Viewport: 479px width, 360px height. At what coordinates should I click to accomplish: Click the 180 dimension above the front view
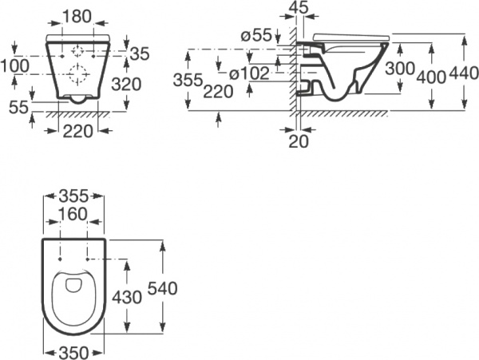pyautogui.click(x=77, y=16)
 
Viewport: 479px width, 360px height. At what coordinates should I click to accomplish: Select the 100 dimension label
pyautogui.click(x=14, y=65)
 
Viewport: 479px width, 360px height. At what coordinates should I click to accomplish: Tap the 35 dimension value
pyautogui.click(x=140, y=53)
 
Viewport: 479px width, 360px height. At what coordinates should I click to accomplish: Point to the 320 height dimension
pyautogui.click(x=126, y=84)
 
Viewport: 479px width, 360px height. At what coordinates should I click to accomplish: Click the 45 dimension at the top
pyautogui.click(x=298, y=7)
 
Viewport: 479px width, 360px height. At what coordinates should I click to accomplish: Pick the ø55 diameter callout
pyautogui.click(x=256, y=35)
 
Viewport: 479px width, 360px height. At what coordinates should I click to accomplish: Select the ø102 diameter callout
pyautogui.click(x=250, y=73)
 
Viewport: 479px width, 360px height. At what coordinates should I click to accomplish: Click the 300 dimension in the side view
pyautogui.click(x=400, y=69)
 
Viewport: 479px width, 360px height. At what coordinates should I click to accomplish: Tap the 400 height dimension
pyautogui.click(x=431, y=77)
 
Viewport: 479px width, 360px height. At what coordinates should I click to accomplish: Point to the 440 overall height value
pyautogui.click(x=464, y=73)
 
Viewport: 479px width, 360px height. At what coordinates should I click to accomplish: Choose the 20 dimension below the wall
pyautogui.click(x=299, y=141)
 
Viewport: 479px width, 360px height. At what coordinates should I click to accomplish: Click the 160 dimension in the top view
pyautogui.click(x=73, y=214)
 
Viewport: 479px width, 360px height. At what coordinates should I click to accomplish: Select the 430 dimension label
pyautogui.click(x=127, y=297)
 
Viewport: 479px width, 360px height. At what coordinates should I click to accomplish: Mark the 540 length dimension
pyautogui.click(x=163, y=288)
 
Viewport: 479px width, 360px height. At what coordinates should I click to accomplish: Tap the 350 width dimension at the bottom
pyautogui.click(x=73, y=354)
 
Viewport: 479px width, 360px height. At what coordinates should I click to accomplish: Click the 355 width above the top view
pyautogui.click(x=73, y=196)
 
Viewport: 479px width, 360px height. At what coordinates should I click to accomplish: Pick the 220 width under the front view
pyautogui.click(x=77, y=131)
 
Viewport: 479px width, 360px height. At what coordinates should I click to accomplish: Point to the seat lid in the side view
pyautogui.click(x=351, y=37)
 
